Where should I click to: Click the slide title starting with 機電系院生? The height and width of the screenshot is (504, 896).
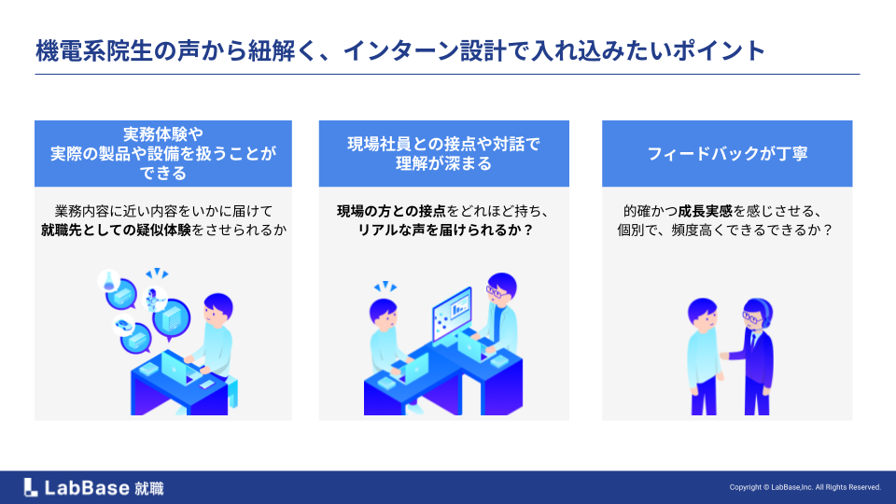coord(400,50)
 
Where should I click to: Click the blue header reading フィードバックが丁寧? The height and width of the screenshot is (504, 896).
coord(727,153)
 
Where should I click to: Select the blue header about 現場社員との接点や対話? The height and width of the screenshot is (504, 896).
coord(444,153)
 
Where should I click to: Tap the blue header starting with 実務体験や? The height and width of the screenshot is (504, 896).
coord(162,153)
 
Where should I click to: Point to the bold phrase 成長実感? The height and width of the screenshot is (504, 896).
coord(706,212)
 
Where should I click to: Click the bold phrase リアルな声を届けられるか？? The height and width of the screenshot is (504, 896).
coord(445,231)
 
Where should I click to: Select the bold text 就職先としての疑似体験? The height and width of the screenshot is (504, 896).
coord(116,231)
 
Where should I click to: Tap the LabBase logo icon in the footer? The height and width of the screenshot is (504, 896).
coord(31,487)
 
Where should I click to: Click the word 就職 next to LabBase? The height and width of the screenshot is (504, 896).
coord(149,488)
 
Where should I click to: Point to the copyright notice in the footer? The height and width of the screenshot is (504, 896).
coord(805,487)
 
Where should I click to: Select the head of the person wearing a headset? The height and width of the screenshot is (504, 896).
coord(757,314)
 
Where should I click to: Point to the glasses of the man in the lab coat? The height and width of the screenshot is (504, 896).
coord(496,293)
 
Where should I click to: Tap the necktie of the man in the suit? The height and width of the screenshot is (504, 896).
coord(753,342)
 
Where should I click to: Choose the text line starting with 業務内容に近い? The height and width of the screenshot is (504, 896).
coord(163,212)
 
